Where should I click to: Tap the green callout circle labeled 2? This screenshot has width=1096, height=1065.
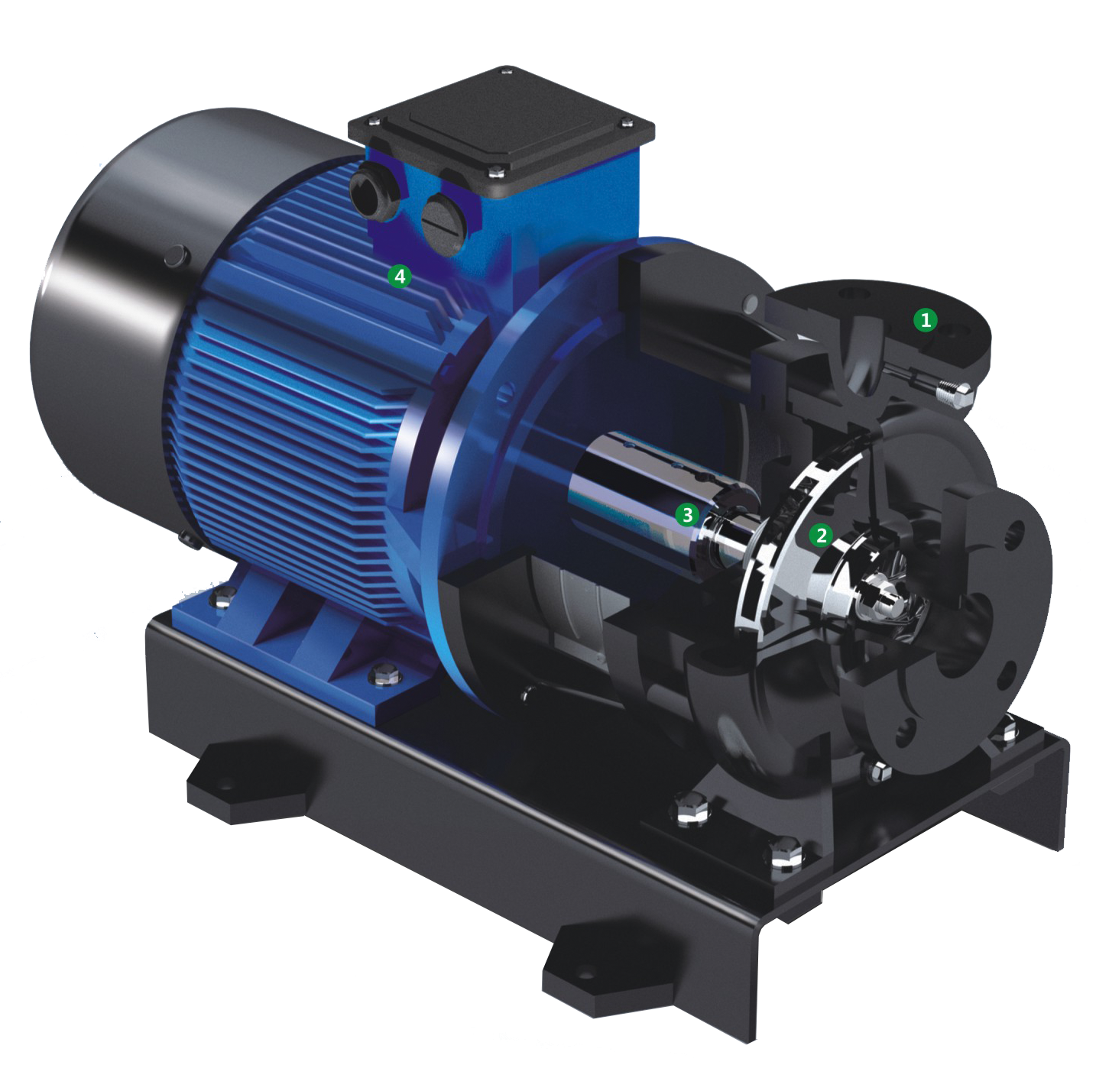tap(821, 536)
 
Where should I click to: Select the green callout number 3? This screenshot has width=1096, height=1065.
tap(687, 514)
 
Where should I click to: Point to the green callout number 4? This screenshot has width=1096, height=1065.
tap(399, 277)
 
